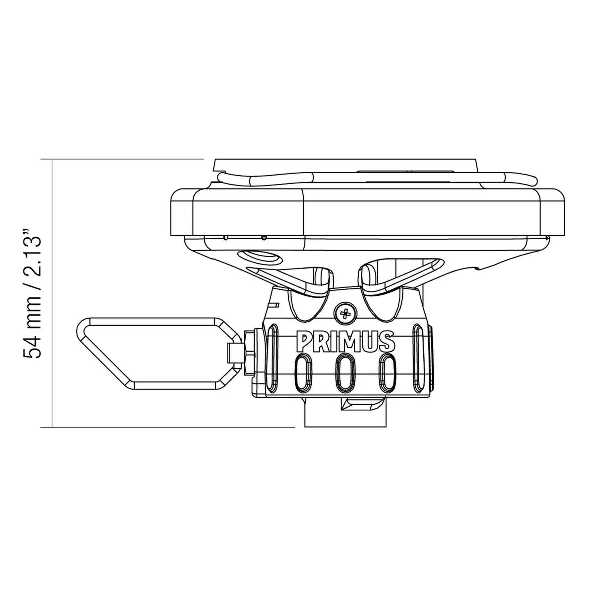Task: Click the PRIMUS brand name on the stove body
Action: [x=345, y=342]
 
